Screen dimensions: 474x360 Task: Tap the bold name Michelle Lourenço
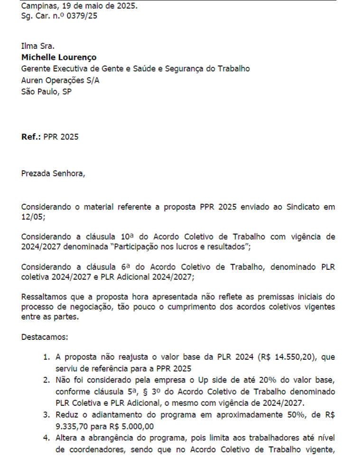[x=59, y=57]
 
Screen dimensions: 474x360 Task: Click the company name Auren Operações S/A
[x=60, y=80]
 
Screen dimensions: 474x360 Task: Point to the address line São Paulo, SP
[x=46, y=91]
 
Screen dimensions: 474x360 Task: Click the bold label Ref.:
[x=31, y=137]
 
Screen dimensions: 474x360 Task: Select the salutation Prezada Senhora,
[x=53, y=173]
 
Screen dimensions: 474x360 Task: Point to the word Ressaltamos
[x=45, y=297]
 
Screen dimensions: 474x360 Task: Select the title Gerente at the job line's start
[x=36, y=69]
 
